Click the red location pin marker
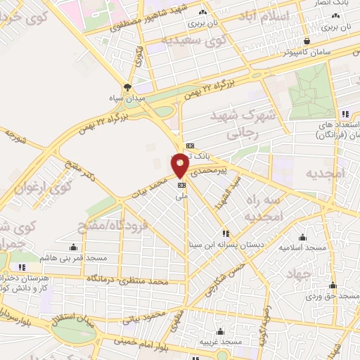(x=181, y=164)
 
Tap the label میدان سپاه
(x=127, y=98)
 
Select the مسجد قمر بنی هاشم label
(x=74, y=257)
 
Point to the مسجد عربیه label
(x=221, y=341)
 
